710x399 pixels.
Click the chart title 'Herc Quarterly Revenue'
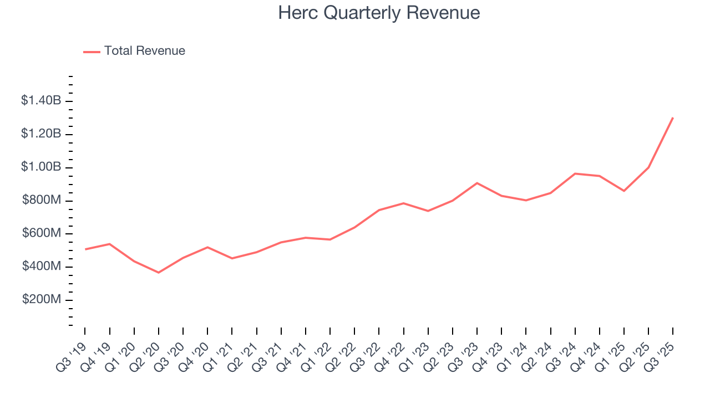[379, 13]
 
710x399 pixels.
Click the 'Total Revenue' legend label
[144, 51]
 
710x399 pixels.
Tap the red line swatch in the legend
[92, 52]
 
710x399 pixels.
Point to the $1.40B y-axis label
[41, 101]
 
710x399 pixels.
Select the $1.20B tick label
[41, 134]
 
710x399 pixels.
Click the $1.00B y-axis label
[41, 167]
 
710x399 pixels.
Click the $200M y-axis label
[42, 300]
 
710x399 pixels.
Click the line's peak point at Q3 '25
[673, 117]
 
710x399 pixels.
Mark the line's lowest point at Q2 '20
[159, 273]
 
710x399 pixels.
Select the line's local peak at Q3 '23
[477, 183]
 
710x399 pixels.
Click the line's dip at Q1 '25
[624, 191]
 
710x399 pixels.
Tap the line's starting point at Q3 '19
[85, 249]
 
